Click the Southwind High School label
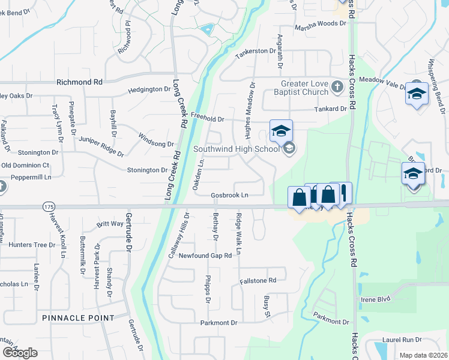(237, 149)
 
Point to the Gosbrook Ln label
(229, 196)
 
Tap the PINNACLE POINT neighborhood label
(78, 317)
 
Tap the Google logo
(20, 353)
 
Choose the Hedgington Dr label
(149, 89)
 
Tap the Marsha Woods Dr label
(321, 28)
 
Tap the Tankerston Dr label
(259, 52)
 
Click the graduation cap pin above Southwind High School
(281, 131)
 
